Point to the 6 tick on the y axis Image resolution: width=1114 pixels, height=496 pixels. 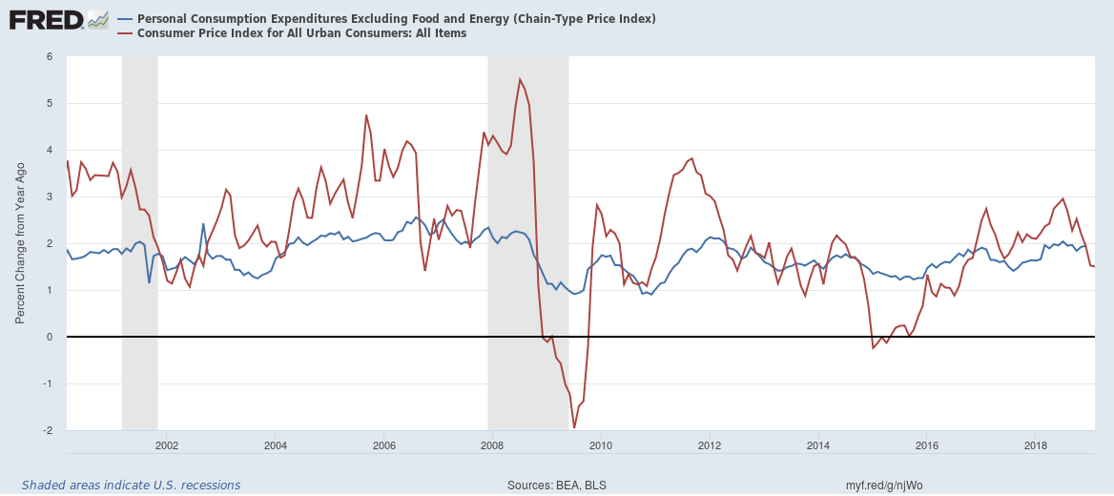point(48,56)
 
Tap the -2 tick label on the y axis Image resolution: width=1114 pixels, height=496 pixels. point(46,430)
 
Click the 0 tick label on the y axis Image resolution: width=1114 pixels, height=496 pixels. point(48,337)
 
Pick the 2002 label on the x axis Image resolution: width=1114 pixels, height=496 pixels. point(166,445)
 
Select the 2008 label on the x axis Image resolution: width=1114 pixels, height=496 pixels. point(491,445)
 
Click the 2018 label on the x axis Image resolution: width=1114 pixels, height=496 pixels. point(1036,445)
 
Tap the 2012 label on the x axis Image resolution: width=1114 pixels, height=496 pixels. point(709,445)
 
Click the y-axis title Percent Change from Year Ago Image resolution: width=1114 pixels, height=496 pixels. point(20,243)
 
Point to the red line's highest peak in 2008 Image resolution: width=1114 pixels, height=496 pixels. point(520,79)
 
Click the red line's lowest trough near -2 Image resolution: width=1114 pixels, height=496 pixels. point(574,427)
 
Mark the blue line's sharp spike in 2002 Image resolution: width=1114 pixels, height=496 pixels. point(203,224)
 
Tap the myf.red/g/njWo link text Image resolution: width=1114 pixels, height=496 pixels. point(884,486)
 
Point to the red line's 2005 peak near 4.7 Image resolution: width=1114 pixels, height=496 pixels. point(366,115)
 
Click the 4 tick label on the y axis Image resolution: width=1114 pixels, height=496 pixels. point(48,150)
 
